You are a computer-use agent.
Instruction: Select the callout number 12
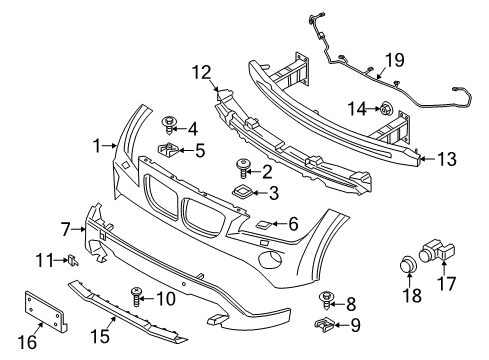[x=203, y=71]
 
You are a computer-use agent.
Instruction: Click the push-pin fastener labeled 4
[x=168, y=125]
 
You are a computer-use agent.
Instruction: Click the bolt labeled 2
[x=241, y=165]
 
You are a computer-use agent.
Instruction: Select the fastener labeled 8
[x=326, y=298]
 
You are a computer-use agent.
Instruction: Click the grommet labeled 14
[x=384, y=108]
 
